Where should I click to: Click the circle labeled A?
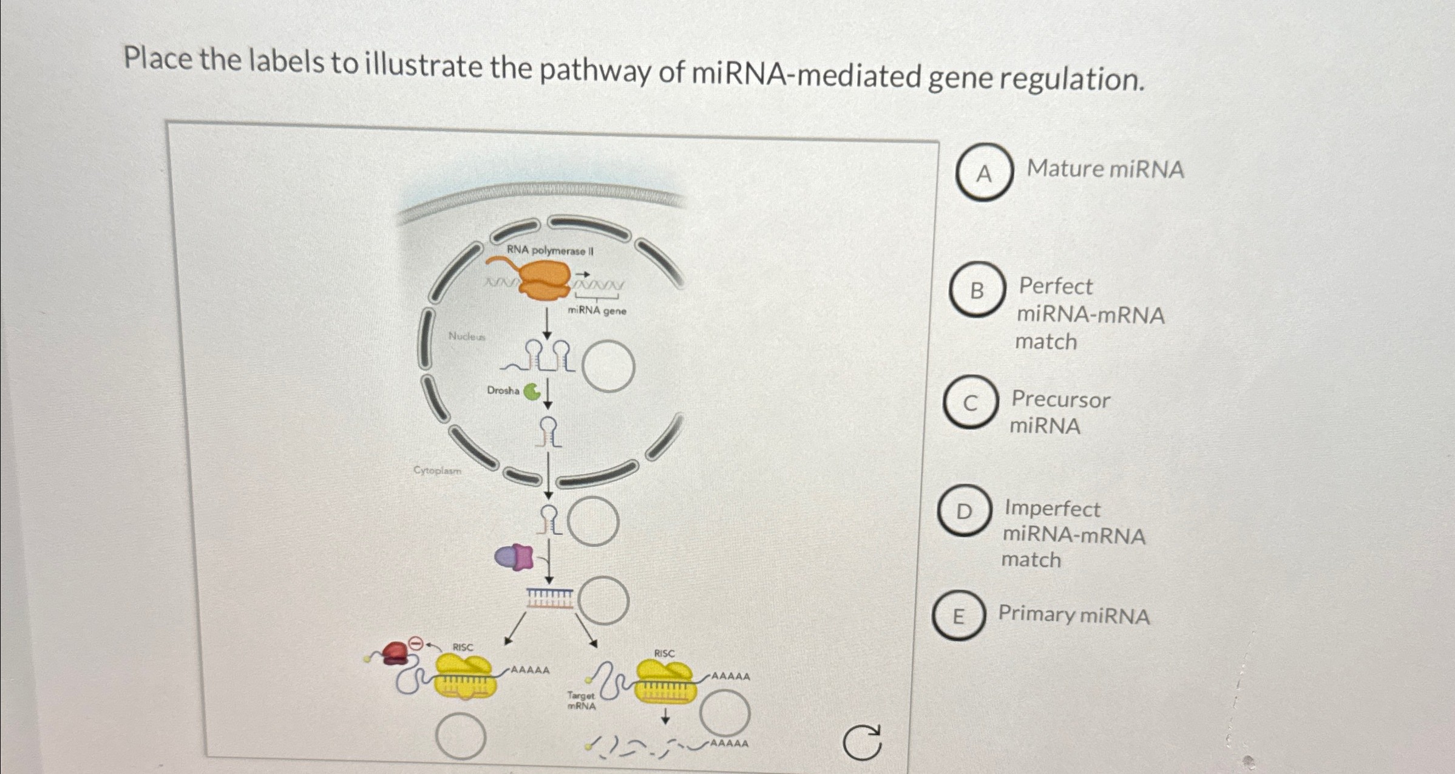984,172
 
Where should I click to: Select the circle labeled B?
977,290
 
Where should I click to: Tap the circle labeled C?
971,402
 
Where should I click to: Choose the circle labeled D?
964,511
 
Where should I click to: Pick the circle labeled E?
958,616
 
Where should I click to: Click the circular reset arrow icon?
863,742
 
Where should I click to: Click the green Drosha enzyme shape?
532,392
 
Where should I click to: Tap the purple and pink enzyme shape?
514,557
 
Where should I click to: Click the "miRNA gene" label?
597,311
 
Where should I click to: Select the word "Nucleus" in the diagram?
467,336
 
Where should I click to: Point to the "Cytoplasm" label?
437,470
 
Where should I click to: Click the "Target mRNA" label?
582,701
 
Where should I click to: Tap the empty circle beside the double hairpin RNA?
609,366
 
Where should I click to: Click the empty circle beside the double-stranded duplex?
603,600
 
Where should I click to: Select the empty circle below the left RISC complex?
461,736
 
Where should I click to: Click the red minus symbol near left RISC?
416,643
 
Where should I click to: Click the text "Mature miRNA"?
1105,169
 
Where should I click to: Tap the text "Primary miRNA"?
1074,614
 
